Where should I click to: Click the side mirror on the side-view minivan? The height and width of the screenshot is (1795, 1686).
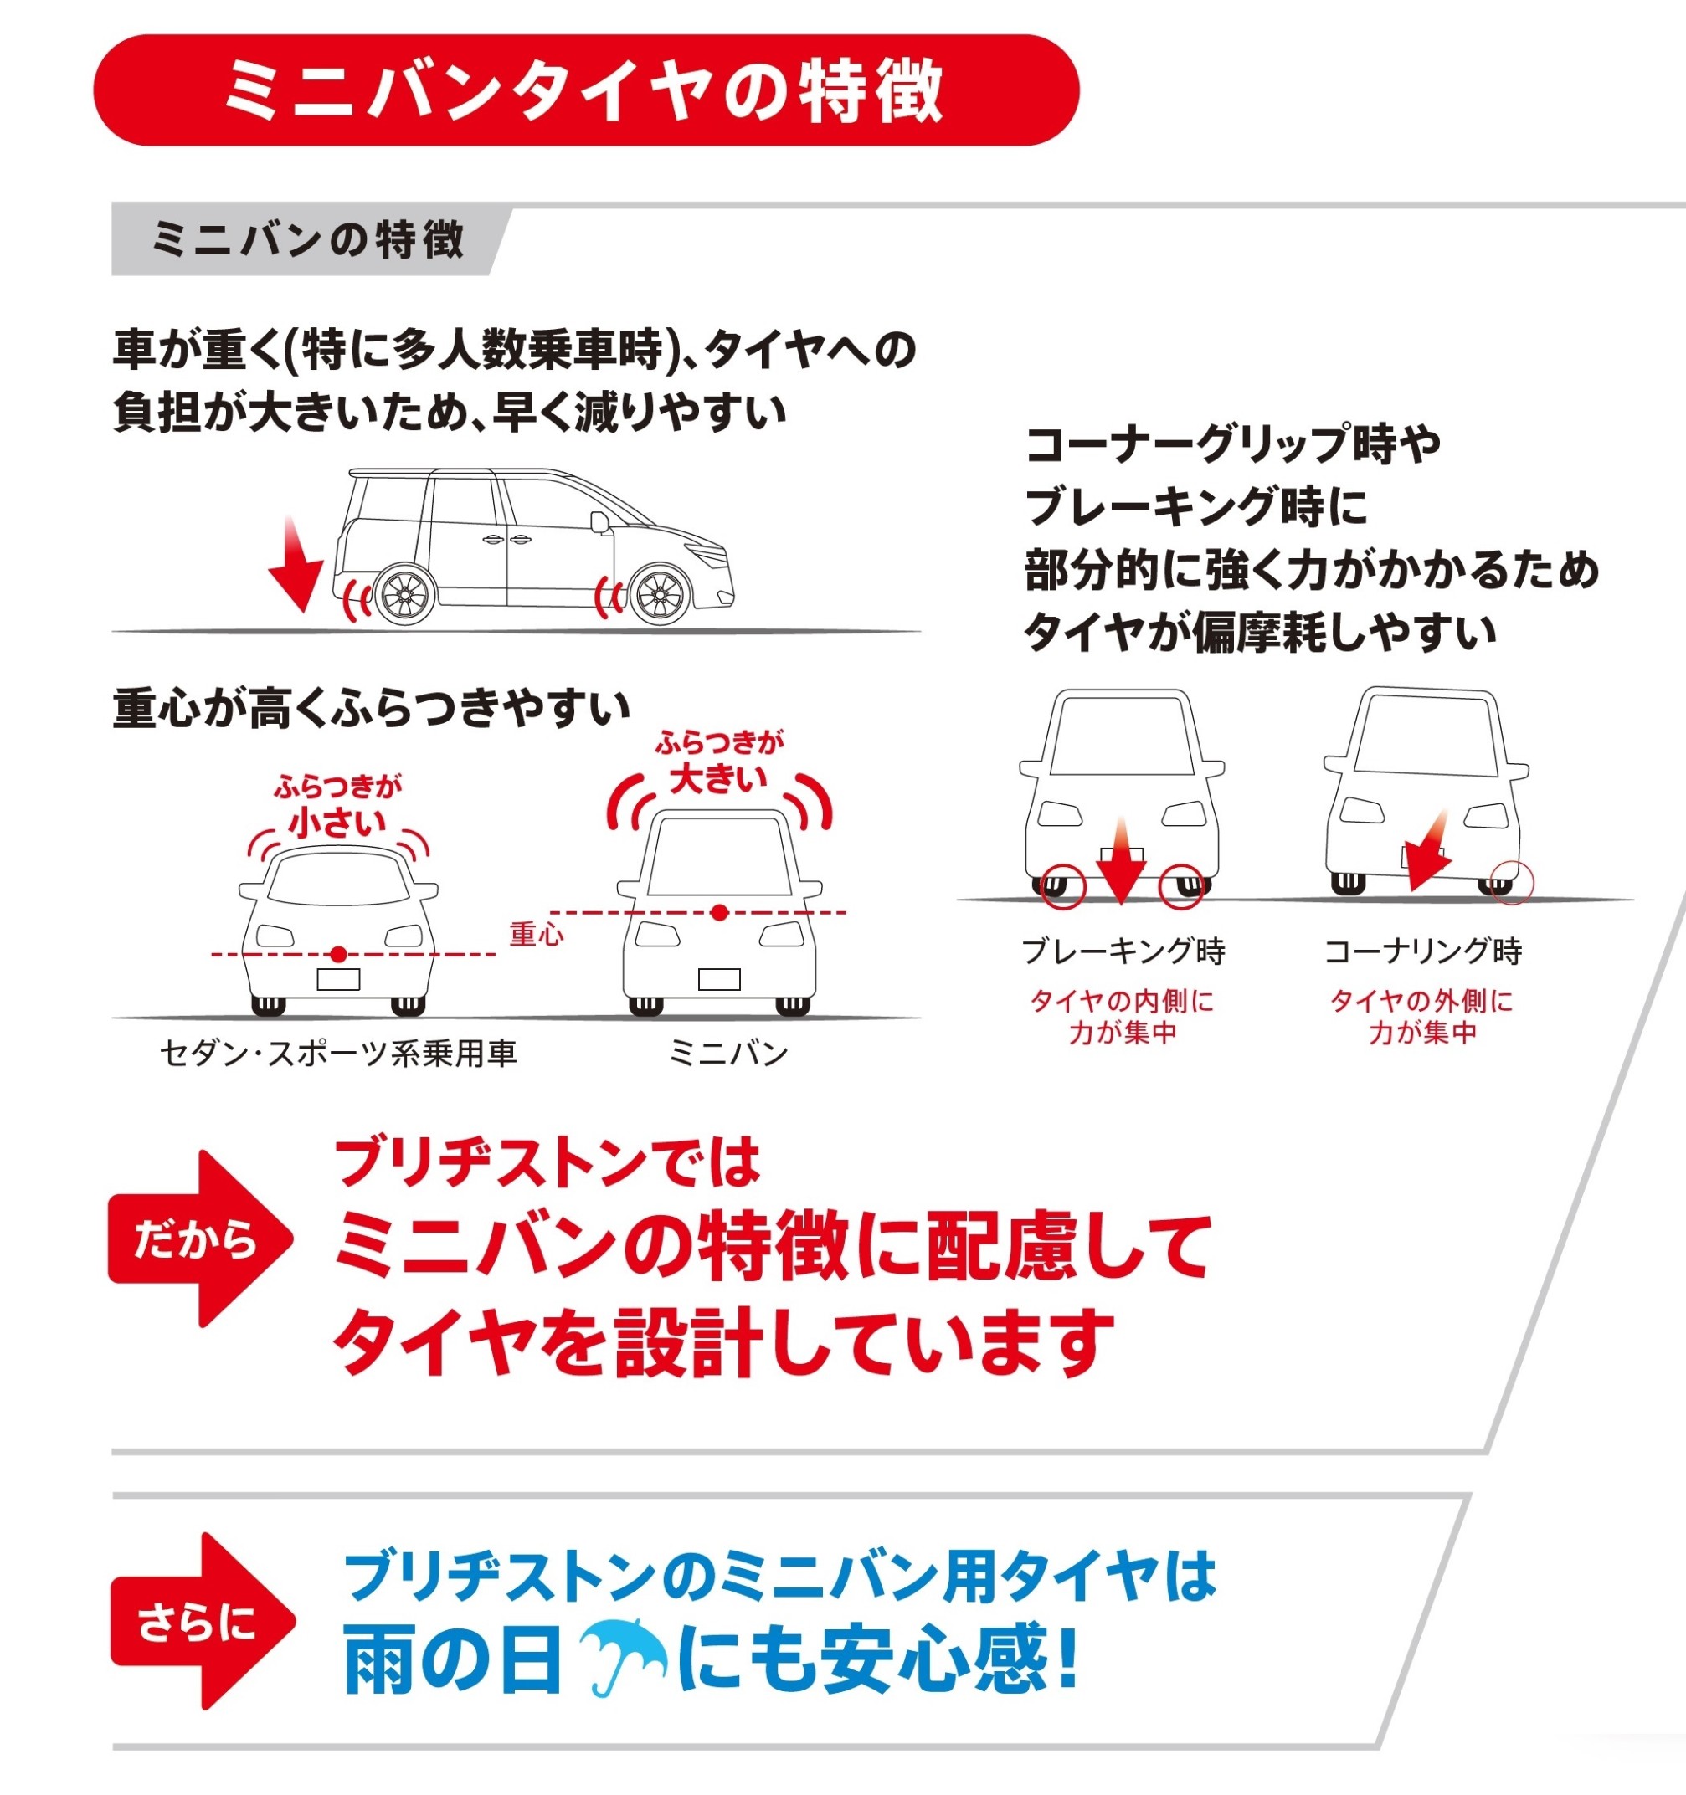point(599,523)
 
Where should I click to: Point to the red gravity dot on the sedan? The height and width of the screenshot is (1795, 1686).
point(337,954)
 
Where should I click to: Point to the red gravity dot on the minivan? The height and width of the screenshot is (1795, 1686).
point(719,913)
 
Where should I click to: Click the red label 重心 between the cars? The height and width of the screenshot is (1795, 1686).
point(537,934)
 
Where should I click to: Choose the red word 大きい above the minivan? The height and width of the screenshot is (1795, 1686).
point(719,777)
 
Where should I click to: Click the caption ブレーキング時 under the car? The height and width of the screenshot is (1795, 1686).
point(1123,951)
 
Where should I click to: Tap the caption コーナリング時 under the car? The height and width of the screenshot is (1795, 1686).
point(1423,951)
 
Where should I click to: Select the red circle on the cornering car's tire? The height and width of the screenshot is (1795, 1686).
point(1512,881)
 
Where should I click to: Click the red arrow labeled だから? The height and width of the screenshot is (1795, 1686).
point(200,1239)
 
